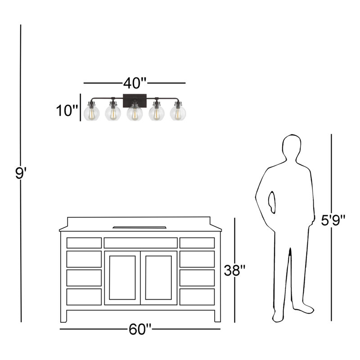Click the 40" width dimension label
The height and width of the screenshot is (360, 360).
click(x=135, y=83)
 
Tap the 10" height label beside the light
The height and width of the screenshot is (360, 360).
click(x=67, y=110)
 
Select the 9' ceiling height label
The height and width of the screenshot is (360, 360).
click(x=21, y=173)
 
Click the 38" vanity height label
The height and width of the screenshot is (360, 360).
click(x=234, y=270)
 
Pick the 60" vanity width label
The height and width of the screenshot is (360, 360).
click(x=140, y=329)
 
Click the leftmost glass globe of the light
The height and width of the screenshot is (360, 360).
click(x=92, y=113)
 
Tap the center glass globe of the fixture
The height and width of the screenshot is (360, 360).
click(x=135, y=113)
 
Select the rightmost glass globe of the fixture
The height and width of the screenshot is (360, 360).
click(x=178, y=113)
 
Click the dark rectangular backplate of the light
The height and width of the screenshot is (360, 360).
click(x=135, y=100)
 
